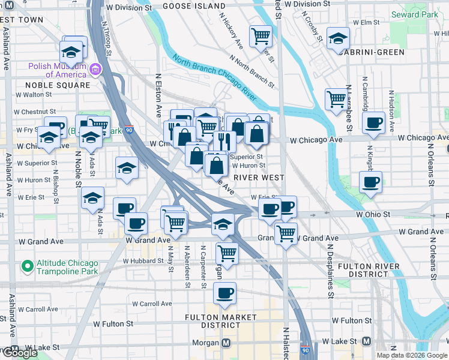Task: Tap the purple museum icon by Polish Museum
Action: coord(95,71)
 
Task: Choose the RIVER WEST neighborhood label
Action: coord(259,178)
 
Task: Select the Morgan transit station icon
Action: coord(226,343)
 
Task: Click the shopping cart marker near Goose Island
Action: coord(261,36)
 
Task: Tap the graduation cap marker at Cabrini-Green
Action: coord(338,38)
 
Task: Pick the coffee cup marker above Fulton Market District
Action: coord(225,293)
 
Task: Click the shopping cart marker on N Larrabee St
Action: coord(336,98)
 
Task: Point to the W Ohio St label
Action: coord(373,214)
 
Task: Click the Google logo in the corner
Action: coord(20,353)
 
